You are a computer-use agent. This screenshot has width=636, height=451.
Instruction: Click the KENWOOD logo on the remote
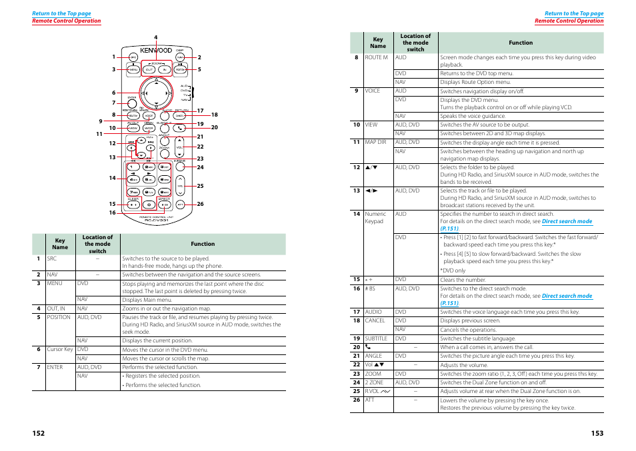[156, 51]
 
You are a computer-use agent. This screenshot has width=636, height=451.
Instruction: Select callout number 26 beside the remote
[200, 204]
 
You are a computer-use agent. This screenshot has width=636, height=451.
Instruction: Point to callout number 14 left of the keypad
[113, 178]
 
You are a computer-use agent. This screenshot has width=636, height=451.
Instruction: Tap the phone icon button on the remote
[179, 127]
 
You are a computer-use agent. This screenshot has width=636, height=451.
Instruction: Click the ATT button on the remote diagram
[180, 204]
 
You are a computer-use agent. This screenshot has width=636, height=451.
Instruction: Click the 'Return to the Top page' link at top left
[61, 13]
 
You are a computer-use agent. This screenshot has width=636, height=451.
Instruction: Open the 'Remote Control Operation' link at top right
[569, 21]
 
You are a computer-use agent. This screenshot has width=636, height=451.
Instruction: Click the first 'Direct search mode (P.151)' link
[566, 221]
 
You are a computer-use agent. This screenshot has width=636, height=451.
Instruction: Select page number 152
[38, 433]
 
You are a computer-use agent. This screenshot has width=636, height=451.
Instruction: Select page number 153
[597, 433]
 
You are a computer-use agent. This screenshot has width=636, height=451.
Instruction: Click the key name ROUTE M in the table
[376, 57]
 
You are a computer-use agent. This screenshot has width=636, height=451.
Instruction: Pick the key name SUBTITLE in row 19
[376, 338]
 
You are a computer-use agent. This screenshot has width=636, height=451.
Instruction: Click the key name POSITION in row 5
[59, 317]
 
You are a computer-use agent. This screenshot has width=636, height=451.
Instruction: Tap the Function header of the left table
[203, 244]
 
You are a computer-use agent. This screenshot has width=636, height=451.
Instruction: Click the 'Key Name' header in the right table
[378, 43]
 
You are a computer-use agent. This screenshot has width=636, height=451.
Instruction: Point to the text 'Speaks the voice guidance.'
[473, 116]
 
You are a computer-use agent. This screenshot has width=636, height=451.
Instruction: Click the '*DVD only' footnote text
[453, 270]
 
